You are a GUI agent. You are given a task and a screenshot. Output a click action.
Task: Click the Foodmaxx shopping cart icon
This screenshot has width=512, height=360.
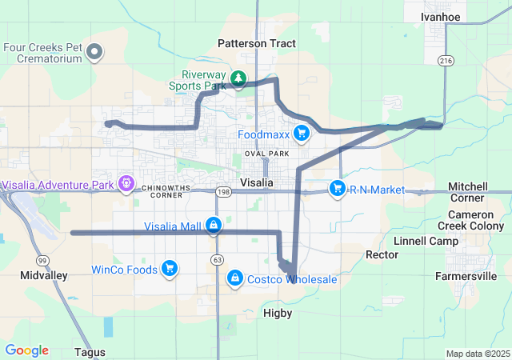click(x=302, y=134)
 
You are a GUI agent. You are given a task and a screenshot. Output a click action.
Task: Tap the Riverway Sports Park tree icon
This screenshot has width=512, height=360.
click(x=238, y=78)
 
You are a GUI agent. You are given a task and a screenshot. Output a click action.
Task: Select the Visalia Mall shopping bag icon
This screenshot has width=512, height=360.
click(x=214, y=226)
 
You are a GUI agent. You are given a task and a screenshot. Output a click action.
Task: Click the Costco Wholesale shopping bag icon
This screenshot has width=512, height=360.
click(x=235, y=278)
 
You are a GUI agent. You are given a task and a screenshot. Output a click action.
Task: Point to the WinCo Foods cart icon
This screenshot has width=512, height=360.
click(x=170, y=269)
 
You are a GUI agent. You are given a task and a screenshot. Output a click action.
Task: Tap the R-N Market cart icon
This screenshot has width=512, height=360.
click(x=338, y=190)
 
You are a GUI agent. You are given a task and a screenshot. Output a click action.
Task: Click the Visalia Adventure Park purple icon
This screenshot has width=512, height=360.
click(x=126, y=185)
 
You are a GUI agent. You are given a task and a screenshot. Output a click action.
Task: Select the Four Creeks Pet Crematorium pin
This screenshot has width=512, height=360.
click(x=94, y=53)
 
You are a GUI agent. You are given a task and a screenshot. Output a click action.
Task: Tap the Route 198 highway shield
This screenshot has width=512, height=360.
click(x=223, y=192)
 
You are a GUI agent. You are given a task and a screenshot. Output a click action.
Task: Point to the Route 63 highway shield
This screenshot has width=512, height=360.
click(x=218, y=260)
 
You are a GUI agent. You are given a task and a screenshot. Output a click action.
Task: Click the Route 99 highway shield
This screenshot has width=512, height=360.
click(x=41, y=260)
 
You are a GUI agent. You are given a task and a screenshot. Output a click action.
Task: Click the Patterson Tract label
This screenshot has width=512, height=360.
click(x=256, y=43)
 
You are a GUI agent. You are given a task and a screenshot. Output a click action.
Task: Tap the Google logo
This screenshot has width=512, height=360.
click(x=26, y=350)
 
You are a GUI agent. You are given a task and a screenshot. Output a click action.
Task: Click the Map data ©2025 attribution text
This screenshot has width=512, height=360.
click(x=478, y=354)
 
